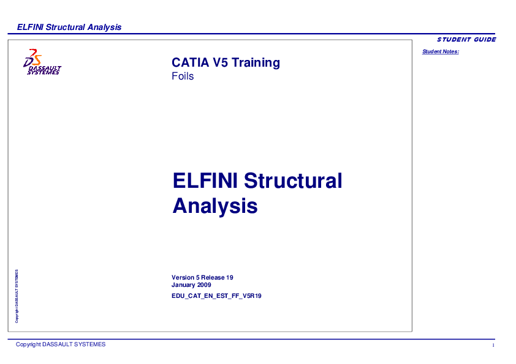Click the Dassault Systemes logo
pos(41,62)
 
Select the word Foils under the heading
pos(183,76)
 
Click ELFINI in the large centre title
pos(205,181)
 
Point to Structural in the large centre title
pos(293,181)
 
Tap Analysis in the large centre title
pos(214,206)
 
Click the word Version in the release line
pos(183,278)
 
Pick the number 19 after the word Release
pos(230,278)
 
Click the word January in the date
pos(184,285)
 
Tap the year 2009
pos(204,285)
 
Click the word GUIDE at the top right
pos(484,40)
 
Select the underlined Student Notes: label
pos(440,51)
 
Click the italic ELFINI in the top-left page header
pos(30,27)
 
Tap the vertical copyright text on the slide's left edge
pos(17,296)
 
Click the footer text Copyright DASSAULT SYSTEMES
pos(61,344)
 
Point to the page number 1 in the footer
pos(493,346)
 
